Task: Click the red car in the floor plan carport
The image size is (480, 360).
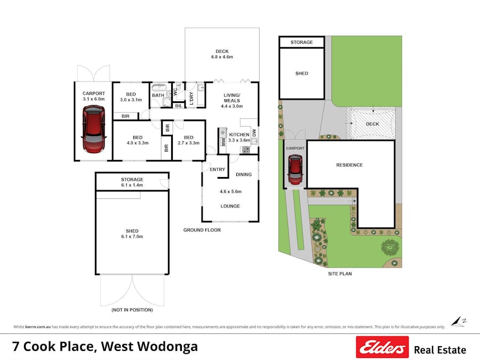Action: [93, 130]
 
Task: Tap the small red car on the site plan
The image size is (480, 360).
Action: [294, 169]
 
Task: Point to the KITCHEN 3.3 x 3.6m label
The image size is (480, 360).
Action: [239, 138]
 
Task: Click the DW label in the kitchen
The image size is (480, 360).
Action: [254, 133]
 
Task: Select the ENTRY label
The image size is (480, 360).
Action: [217, 170]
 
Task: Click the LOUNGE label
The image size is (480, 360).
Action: [230, 206]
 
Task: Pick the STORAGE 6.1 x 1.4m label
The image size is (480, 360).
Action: [132, 182]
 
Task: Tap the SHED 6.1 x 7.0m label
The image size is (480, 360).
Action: [132, 234]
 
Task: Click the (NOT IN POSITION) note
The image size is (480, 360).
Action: [132, 310]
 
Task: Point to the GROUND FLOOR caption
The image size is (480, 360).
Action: [202, 230]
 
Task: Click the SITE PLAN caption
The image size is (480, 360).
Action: [340, 274]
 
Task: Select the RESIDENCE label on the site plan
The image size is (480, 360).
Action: [349, 165]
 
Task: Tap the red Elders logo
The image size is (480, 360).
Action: [382, 347]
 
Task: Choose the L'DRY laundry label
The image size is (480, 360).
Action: [191, 98]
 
